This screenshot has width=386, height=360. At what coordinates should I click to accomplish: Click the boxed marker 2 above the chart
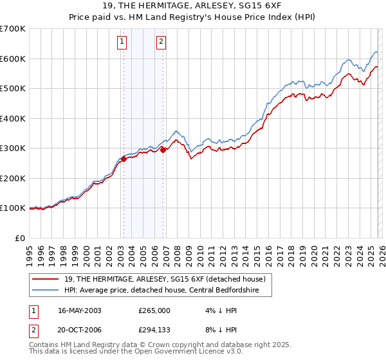coord(161,43)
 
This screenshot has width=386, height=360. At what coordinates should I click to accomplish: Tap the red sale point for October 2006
coord(163,150)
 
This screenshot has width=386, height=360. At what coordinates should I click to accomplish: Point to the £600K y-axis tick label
coord(13,59)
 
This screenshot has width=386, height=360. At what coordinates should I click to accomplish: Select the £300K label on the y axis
coord(13,148)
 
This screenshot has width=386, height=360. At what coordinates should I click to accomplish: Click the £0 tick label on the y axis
coord(21,238)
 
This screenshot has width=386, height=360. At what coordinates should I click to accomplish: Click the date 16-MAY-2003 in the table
coord(80,310)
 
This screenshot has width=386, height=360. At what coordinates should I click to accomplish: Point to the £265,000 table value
coord(154,310)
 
